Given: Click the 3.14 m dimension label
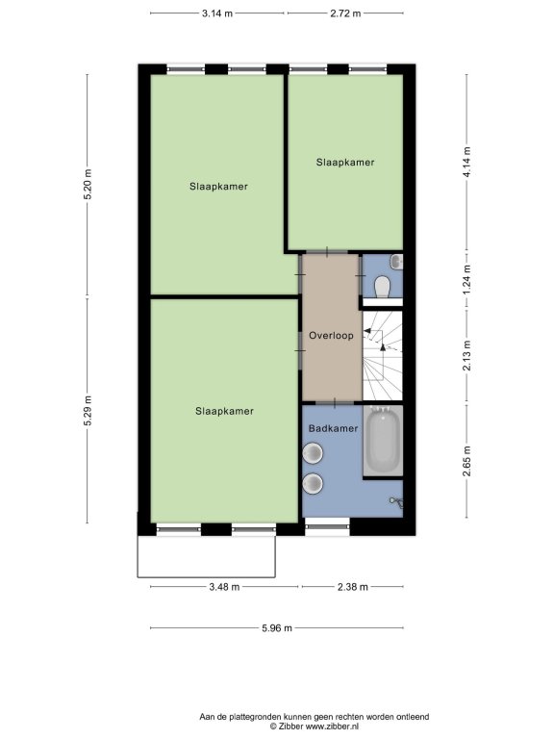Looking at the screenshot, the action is [x=217, y=13].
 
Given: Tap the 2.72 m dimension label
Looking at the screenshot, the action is [x=345, y=13].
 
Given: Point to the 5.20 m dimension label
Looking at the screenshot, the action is [x=88, y=185].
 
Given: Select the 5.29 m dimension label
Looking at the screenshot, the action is [x=88, y=411].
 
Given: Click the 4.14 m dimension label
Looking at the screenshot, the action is [x=466, y=162].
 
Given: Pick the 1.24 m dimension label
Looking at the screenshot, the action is [x=466, y=280].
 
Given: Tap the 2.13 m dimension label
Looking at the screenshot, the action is [x=466, y=355].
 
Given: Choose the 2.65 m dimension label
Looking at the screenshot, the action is [x=466, y=461].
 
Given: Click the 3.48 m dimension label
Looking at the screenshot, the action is [x=224, y=587].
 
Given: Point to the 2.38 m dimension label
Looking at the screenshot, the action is [x=352, y=587].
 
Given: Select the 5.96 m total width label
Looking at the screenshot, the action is [x=277, y=627].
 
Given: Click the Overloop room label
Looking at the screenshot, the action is [x=331, y=336].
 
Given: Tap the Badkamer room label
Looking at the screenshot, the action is [x=333, y=428].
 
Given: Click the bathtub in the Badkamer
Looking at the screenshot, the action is [x=383, y=441].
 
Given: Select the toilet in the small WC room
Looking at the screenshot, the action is [x=382, y=286].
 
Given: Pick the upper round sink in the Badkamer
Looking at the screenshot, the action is [x=313, y=453].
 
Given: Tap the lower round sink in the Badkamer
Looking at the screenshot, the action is [x=313, y=484].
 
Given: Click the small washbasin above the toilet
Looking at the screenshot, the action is [x=397, y=262].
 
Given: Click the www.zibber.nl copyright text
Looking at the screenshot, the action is [x=315, y=726].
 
